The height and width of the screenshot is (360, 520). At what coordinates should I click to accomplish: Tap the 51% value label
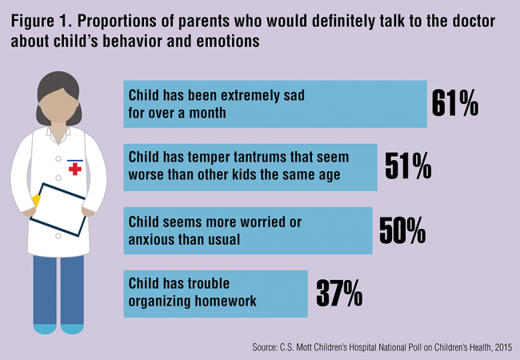pos(408,166)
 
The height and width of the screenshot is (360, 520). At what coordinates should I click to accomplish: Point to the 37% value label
pos(338,294)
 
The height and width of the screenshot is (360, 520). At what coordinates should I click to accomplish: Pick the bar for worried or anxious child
pos(247,230)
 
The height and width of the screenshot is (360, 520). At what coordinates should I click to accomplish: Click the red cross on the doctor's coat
pos(77,169)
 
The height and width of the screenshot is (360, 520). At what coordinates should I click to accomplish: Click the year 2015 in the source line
pos(501,346)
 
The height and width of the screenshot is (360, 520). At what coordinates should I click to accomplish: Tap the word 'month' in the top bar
pos(206,112)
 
